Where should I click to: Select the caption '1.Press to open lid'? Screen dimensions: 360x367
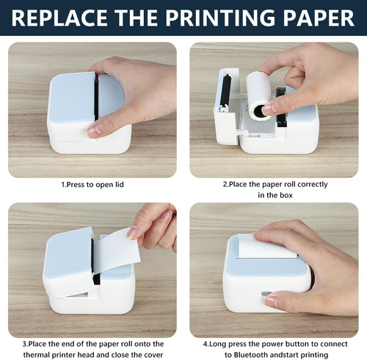(x=92, y=185)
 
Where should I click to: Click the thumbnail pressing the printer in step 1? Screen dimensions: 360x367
(x=93, y=130)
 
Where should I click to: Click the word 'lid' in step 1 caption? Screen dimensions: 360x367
(x=118, y=185)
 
